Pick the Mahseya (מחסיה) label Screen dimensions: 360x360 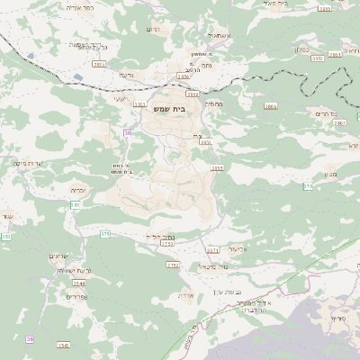[x=212, y=104]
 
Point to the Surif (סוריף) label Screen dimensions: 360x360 [x=338, y=319]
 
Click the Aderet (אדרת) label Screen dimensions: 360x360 [x=186, y=294]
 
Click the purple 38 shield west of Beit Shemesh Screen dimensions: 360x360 [x=128, y=133]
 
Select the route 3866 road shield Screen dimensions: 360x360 [x=271, y=106]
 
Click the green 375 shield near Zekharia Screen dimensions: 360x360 [x=105, y=234]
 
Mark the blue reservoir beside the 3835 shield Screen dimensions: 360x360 [x=31, y=55]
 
